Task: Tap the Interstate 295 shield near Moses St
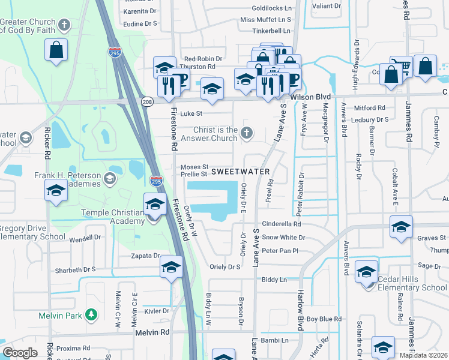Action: (x=155, y=181)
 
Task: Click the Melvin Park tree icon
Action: (x=91, y=314)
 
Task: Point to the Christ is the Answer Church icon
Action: (x=245, y=131)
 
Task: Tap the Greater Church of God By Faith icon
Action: (x=65, y=25)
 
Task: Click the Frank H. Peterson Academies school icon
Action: (x=109, y=178)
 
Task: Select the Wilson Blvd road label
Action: (x=310, y=96)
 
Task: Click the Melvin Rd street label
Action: (x=152, y=332)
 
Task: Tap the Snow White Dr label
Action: (x=283, y=238)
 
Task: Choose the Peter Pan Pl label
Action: (x=280, y=251)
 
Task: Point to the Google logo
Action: (x=19, y=353)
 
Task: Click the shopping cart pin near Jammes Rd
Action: (x=400, y=66)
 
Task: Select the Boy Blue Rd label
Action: (x=324, y=319)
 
